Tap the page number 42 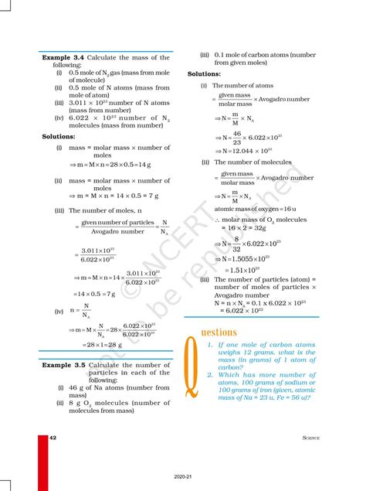(x=53, y=438)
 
